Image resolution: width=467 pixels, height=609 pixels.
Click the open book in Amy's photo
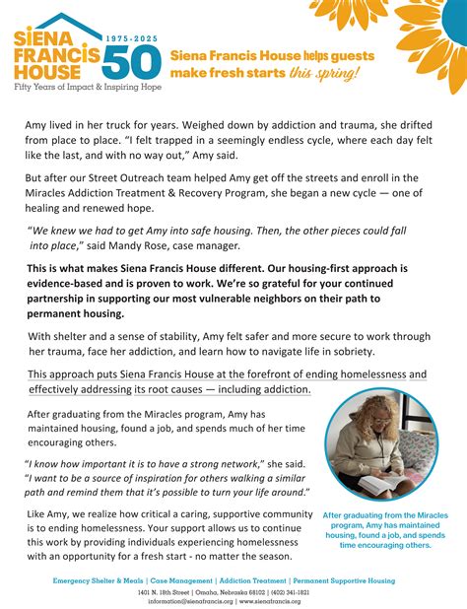[355, 481]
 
